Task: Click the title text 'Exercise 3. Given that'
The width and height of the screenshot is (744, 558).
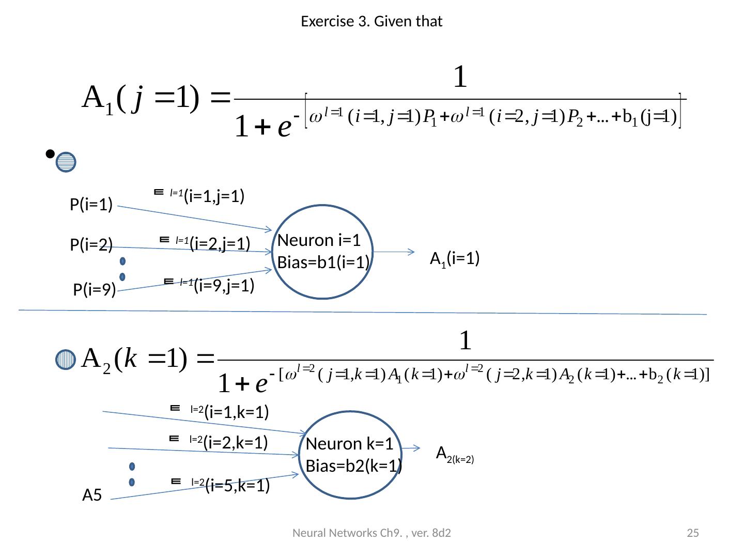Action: coord(371,22)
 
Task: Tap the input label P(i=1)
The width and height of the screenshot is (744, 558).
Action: coord(91,205)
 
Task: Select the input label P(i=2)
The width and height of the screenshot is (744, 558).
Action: coord(91,245)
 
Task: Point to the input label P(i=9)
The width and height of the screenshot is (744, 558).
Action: coord(95,290)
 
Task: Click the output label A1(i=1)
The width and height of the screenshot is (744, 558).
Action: coord(455,258)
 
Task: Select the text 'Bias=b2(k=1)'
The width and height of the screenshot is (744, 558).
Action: coord(354,466)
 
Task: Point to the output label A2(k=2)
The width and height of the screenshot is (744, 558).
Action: coord(455,455)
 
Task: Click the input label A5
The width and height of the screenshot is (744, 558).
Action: coord(92,496)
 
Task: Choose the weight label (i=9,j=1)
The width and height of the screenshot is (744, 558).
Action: coord(224,285)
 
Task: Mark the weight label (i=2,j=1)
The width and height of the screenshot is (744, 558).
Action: coord(220,243)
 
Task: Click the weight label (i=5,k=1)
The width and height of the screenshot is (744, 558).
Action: coord(237,485)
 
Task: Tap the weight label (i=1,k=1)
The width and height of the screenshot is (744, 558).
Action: coord(236,412)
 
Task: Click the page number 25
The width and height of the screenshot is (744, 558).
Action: coord(693,533)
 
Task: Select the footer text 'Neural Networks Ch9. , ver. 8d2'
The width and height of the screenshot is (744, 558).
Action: coord(371,533)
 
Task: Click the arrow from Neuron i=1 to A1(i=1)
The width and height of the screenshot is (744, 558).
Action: coord(394,252)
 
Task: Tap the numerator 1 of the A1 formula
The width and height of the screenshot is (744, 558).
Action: coord(460,78)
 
